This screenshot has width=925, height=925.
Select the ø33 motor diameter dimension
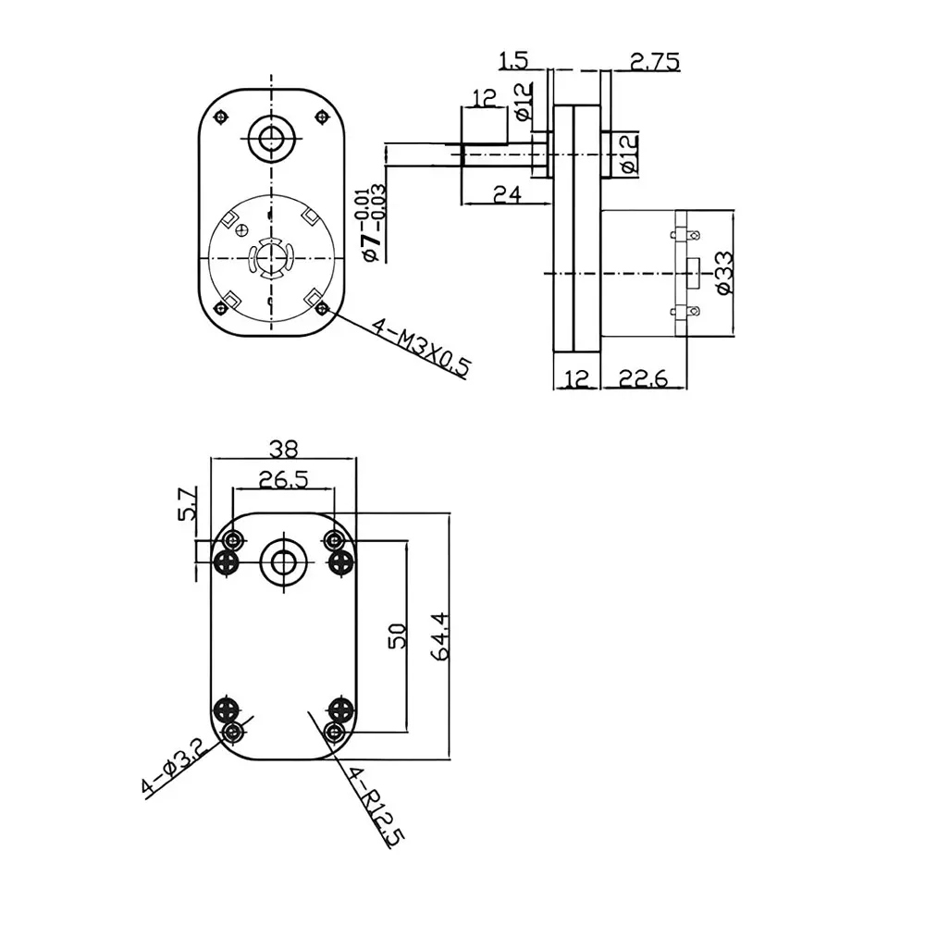723,275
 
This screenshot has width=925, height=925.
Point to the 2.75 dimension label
654,62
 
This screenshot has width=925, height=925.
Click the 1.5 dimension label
514,62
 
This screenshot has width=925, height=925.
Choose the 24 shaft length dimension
506,193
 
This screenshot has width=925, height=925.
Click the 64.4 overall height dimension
440,635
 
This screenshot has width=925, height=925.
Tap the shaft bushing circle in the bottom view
283,561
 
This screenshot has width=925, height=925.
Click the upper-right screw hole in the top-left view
321,116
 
